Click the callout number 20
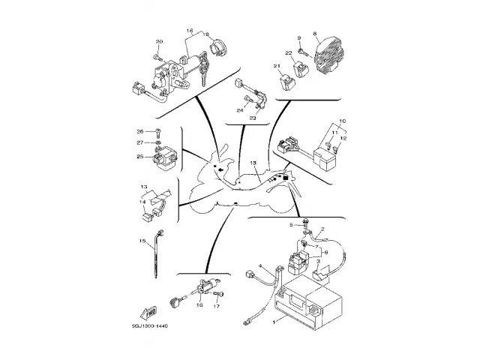(x=158, y=41)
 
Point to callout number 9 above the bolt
(x=298, y=37)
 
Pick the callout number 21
(x=276, y=67)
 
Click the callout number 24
(x=240, y=110)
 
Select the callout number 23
(x=253, y=118)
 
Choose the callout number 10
(x=342, y=121)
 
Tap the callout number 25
(x=139, y=157)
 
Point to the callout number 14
(x=142, y=202)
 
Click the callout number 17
(x=216, y=306)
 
